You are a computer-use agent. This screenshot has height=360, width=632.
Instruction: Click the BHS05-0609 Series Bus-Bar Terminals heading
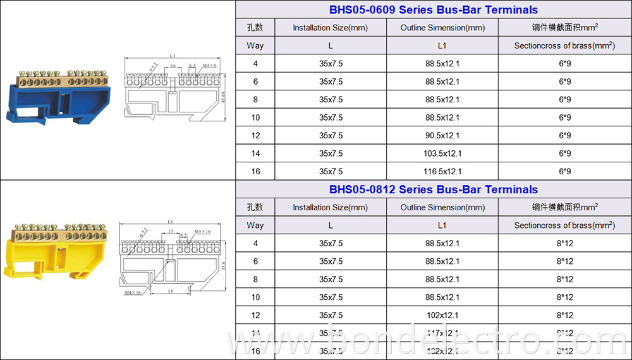(x=434, y=9)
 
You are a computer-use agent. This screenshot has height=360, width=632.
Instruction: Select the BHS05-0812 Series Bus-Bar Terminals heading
(x=434, y=189)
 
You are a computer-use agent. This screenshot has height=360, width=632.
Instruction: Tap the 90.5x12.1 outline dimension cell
(x=443, y=135)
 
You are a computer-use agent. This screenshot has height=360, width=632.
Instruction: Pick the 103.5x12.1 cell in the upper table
(x=443, y=153)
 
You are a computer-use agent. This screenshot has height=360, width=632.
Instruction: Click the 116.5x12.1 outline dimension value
(x=443, y=171)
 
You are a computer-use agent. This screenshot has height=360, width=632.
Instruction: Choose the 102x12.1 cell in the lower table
(x=443, y=315)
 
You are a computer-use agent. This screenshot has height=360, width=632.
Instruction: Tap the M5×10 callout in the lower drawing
(x=202, y=232)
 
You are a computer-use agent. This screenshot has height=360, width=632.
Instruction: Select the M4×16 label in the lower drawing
(x=132, y=292)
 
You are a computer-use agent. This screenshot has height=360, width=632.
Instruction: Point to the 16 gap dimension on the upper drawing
(x=173, y=65)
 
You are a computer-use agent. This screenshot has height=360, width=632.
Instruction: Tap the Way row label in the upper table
(x=255, y=45)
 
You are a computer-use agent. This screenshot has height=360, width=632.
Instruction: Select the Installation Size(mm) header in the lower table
(x=330, y=207)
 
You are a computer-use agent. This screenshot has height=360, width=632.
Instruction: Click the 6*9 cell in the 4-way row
(x=564, y=64)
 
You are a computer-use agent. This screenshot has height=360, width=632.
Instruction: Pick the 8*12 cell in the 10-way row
(x=564, y=297)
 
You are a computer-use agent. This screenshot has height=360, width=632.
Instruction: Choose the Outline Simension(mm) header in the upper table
(x=443, y=28)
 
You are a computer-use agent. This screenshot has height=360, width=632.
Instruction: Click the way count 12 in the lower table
(x=255, y=315)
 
